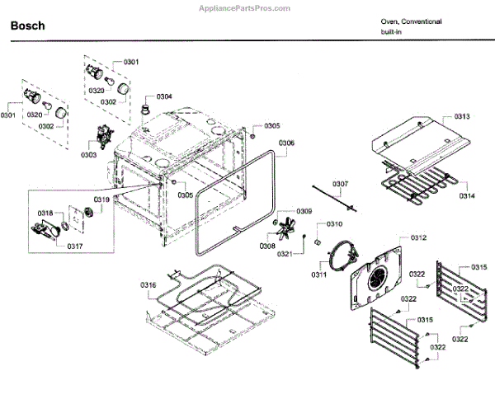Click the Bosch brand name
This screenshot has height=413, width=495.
point(27,26)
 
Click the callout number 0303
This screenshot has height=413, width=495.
point(89,155)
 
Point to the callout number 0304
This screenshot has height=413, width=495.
point(164,96)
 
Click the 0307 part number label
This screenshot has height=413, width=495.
point(341,183)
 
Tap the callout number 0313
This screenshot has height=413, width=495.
point(462,117)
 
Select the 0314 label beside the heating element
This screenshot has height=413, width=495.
point(467,196)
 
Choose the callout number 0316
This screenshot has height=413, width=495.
point(148,285)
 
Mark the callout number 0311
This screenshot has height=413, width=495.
point(319,275)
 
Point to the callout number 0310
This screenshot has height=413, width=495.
point(334,224)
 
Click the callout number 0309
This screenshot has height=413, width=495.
point(304,212)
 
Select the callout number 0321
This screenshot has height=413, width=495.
point(285,253)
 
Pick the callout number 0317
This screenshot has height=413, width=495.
point(75,246)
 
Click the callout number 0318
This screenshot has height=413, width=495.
point(45,213)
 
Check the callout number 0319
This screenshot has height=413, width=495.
point(101,200)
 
